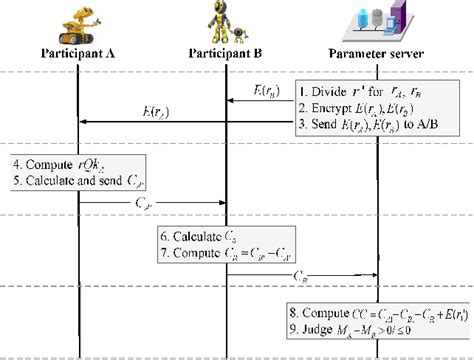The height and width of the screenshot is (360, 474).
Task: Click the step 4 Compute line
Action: click(x=60, y=163)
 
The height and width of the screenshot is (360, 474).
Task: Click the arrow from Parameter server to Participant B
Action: click(x=264, y=101)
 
